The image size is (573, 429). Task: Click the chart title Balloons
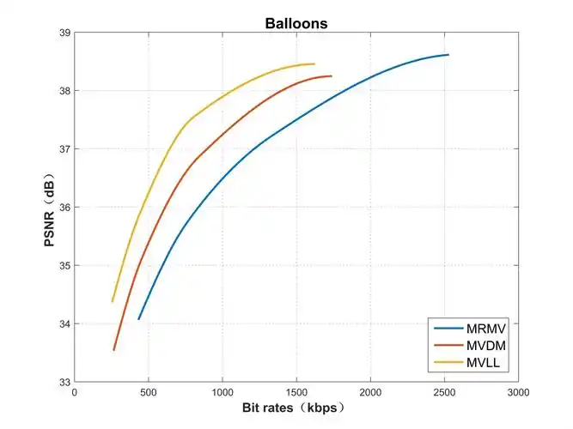point(296,23)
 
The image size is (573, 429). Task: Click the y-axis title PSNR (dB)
point(51,207)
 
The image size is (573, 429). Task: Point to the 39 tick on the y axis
point(64,33)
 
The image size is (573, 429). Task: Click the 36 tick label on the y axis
point(64,208)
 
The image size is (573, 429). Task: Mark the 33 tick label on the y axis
point(64,382)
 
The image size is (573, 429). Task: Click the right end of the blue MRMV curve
point(448,55)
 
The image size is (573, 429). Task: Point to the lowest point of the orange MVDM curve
point(113,350)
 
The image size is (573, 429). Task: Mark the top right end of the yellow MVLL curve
point(314,63)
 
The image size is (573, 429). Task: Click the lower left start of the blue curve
point(138,319)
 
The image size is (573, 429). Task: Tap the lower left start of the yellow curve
point(113,301)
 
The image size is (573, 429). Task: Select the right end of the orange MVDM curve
point(332,76)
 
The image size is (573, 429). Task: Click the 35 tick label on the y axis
point(64,265)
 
